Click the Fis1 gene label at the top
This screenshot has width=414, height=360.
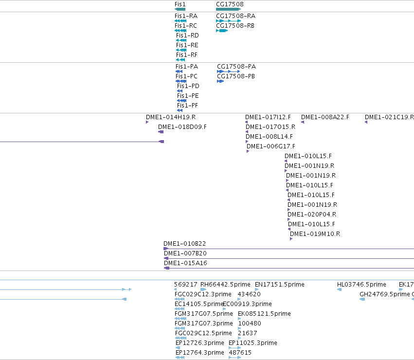point(180,4)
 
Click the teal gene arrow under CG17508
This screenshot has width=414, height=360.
point(228,9)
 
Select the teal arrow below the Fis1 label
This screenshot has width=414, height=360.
point(180,9)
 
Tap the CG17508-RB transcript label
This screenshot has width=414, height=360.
point(235,26)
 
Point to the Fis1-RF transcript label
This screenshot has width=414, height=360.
point(187,54)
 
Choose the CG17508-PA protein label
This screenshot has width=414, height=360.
point(236,66)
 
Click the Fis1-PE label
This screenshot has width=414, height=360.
point(188,96)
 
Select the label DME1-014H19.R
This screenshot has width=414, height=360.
point(171,117)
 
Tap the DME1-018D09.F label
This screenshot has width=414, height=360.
point(182,127)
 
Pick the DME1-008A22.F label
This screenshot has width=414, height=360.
point(325,117)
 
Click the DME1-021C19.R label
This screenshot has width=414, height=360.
point(389,117)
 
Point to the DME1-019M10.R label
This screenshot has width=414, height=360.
point(315,234)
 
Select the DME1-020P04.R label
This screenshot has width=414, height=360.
point(312,214)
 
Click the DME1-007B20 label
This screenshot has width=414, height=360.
point(185,253)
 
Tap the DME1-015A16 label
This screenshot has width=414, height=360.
point(186,263)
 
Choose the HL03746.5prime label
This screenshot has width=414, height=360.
point(361,285)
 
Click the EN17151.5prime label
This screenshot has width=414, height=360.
point(280,285)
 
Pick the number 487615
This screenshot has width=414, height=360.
point(240,353)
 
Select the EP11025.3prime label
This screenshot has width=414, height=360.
point(253,343)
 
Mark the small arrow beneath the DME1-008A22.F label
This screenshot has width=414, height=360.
point(303,122)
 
